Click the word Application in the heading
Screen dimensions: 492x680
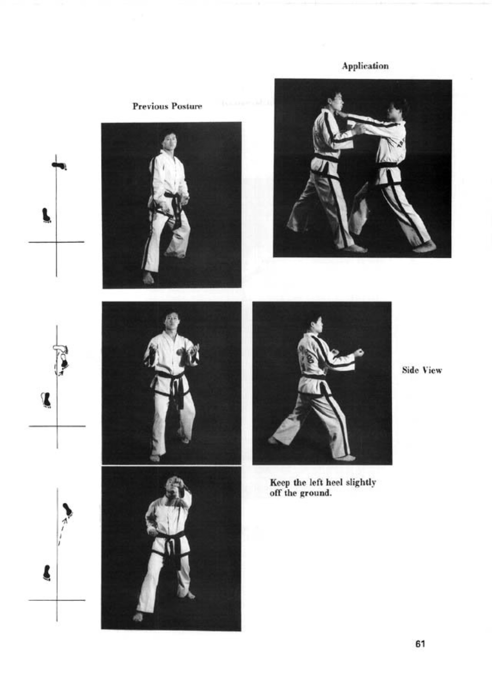coord(365,66)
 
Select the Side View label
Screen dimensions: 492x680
coord(422,370)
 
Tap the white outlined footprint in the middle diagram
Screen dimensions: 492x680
coord(61,348)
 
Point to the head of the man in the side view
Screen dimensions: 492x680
coord(317,324)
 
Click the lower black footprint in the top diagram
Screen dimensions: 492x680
coord(46,215)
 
